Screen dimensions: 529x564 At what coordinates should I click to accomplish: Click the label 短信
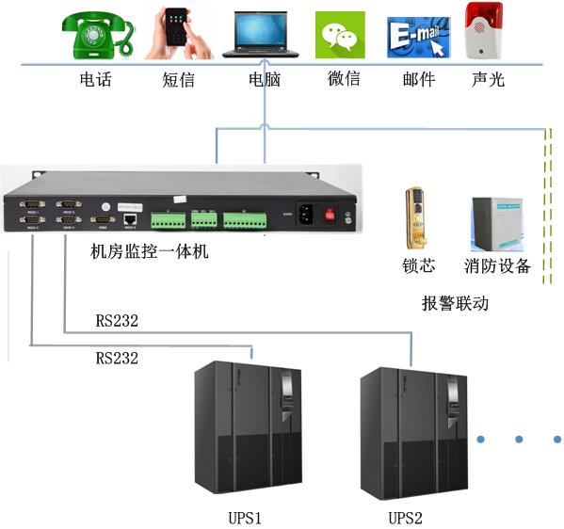[178, 80]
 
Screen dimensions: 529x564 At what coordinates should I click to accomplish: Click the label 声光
[488, 80]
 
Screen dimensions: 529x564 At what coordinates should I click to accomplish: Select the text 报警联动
[455, 304]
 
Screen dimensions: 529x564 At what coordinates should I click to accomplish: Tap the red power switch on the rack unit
[330, 214]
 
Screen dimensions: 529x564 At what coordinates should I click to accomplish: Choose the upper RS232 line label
[117, 321]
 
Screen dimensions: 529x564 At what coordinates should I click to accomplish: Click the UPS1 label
[243, 518]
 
